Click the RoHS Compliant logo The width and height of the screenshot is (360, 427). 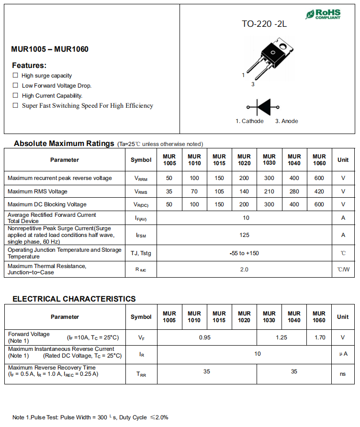pos(324,14)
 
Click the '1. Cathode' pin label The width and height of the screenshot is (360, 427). pos(249,121)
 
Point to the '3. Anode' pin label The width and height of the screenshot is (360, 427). pos(286,121)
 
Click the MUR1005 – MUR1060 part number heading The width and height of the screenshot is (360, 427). pos(50,49)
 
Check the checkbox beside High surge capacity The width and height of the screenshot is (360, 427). pos(15,76)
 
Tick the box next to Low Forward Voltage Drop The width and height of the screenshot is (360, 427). pos(15,86)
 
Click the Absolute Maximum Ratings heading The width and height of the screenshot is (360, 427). pos(64,143)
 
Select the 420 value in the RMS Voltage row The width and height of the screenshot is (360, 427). pos(319,191)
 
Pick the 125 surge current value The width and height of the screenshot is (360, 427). pos(244,235)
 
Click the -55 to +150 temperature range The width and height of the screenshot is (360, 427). pos(244,253)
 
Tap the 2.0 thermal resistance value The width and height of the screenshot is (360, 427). pos(244,270)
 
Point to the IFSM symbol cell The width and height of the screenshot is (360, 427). pos(141,236)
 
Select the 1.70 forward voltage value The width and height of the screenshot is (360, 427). pos(319,337)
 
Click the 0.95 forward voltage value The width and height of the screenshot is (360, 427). pos(205,337)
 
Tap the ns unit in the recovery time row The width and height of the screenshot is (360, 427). pos(343,374)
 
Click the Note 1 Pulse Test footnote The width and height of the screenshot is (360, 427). pos(90,417)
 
